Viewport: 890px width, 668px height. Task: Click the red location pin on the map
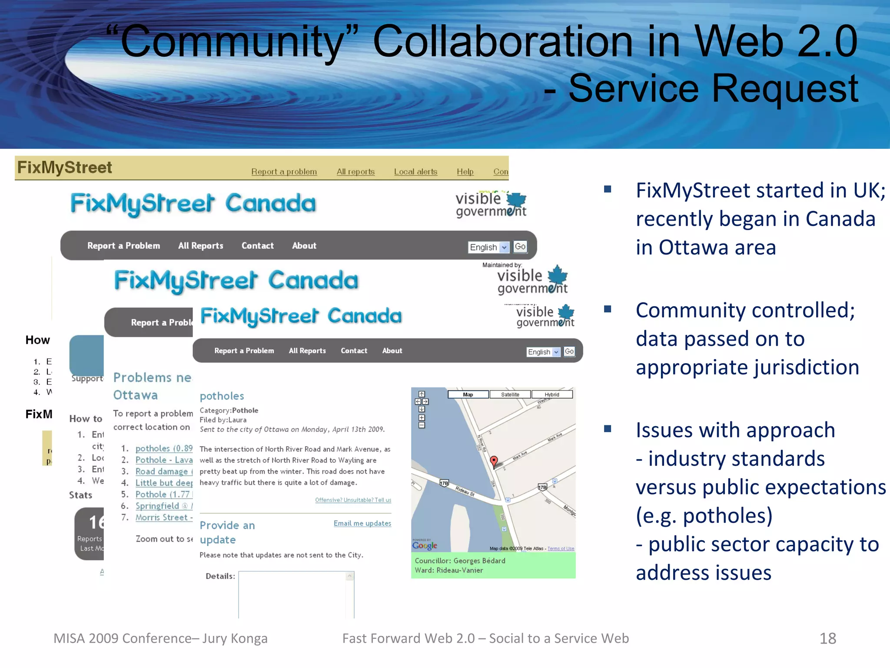pyautogui.click(x=494, y=461)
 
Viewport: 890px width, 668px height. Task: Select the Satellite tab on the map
pyautogui.click(x=510, y=394)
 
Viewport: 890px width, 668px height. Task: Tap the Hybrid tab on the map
pyautogui.click(x=552, y=394)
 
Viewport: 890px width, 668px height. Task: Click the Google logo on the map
pyautogui.click(x=425, y=545)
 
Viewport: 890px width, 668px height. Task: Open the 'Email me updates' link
pyautogui.click(x=362, y=523)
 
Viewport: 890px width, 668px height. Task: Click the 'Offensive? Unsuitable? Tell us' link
pyautogui.click(x=353, y=500)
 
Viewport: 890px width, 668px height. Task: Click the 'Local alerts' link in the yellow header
pyautogui.click(x=415, y=172)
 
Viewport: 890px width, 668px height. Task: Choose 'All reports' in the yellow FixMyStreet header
pyautogui.click(x=355, y=172)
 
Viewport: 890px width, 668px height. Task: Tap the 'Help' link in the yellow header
pyautogui.click(x=465, y=172)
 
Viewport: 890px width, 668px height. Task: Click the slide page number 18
pyautogui.click(x=827, y=638)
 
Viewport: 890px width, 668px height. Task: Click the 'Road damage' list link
pyautogui.click(x=162, y=471)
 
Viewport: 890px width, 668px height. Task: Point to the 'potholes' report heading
pyautogui.click(x=222, y=396)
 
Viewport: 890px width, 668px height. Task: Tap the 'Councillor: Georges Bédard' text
pyautogui.click(x=460, y=561)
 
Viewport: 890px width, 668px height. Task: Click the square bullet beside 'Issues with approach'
pyautogui.click(x=608, y=429)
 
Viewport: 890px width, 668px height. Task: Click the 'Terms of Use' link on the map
pyautogui.click(x=561, y=549)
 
